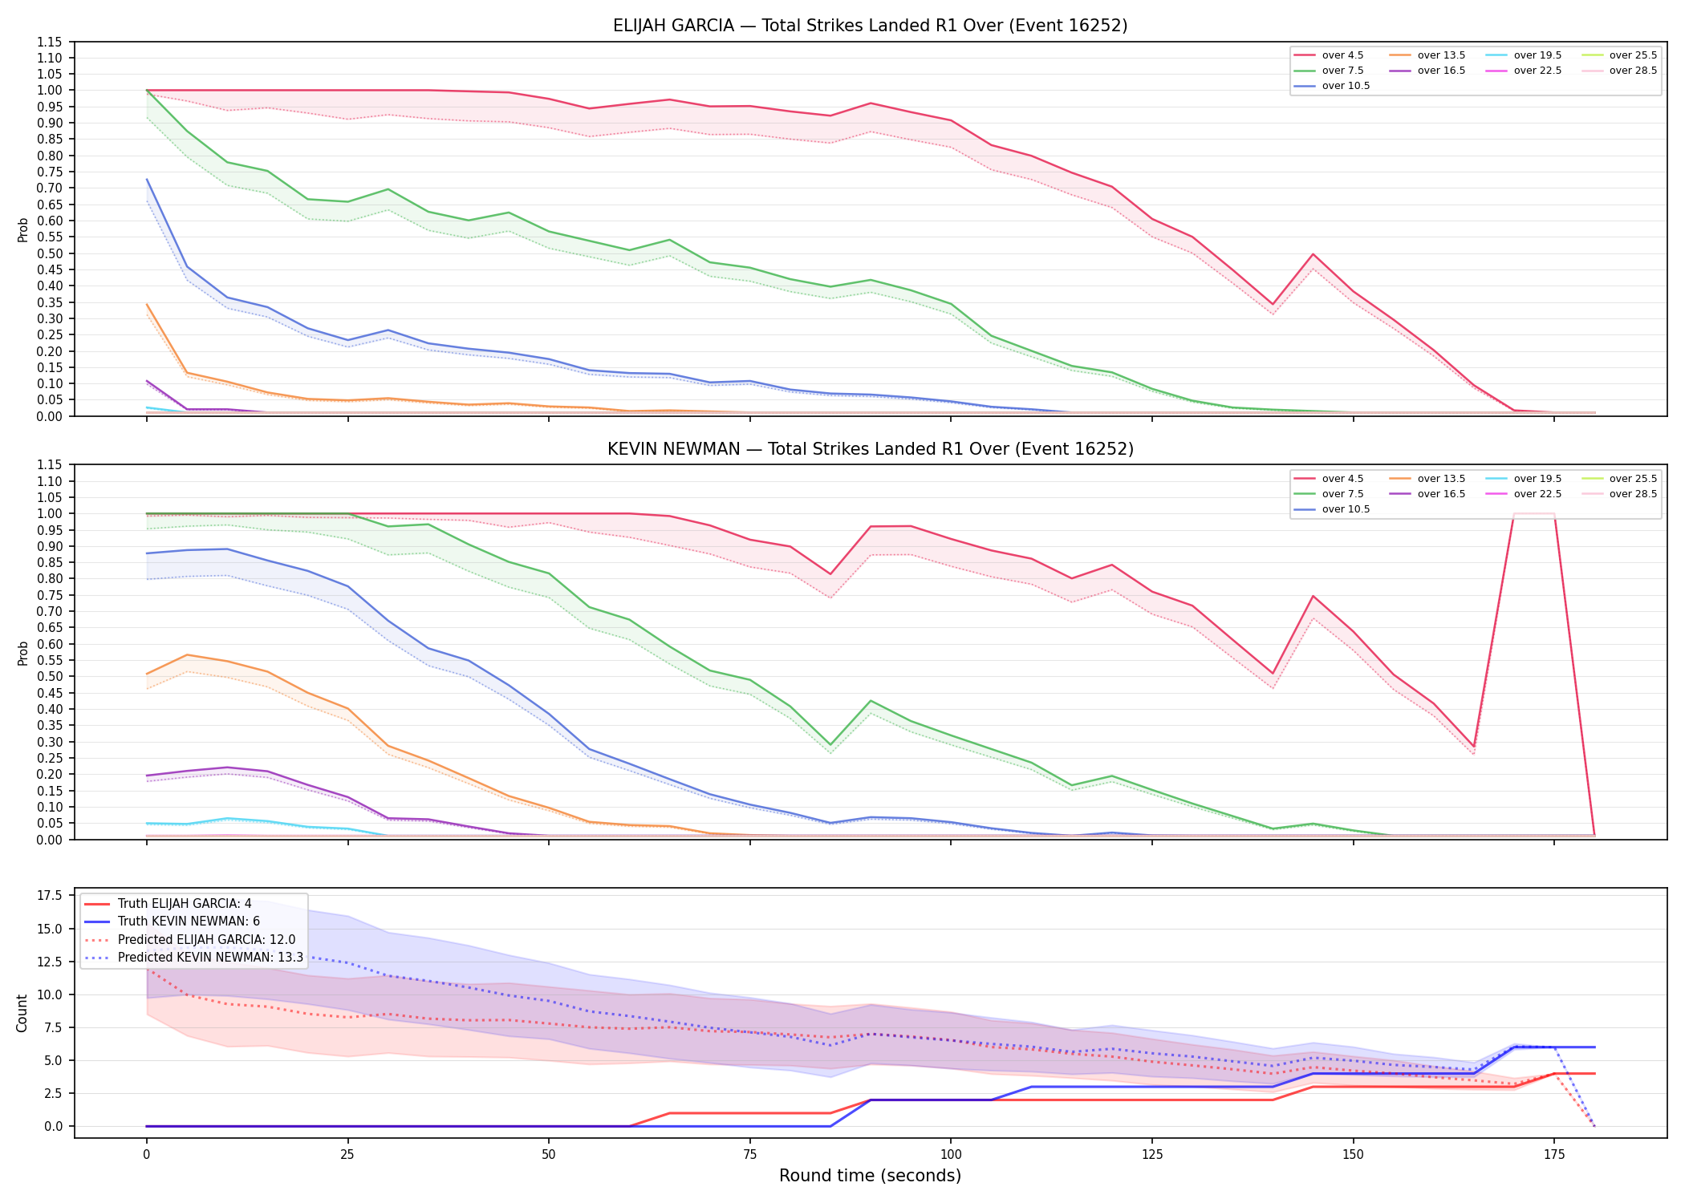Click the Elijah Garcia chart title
(870, 26)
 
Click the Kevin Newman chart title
(870, 449)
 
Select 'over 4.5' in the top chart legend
(1342, 55)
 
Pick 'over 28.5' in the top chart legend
(1633, 71)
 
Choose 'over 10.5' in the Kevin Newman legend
(1346, 509)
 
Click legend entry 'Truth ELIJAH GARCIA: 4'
(185, 904)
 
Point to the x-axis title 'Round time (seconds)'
(870, 1176)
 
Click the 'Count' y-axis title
(22, 1013)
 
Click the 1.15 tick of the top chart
(50, 42)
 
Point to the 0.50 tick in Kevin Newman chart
(50, 677)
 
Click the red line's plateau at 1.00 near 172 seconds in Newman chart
(1533, 513)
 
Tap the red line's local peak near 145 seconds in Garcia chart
(1313, 254)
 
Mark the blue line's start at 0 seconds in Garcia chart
(147, 180)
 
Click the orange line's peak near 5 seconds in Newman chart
(187, 655)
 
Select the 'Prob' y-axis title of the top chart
(22, 229)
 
